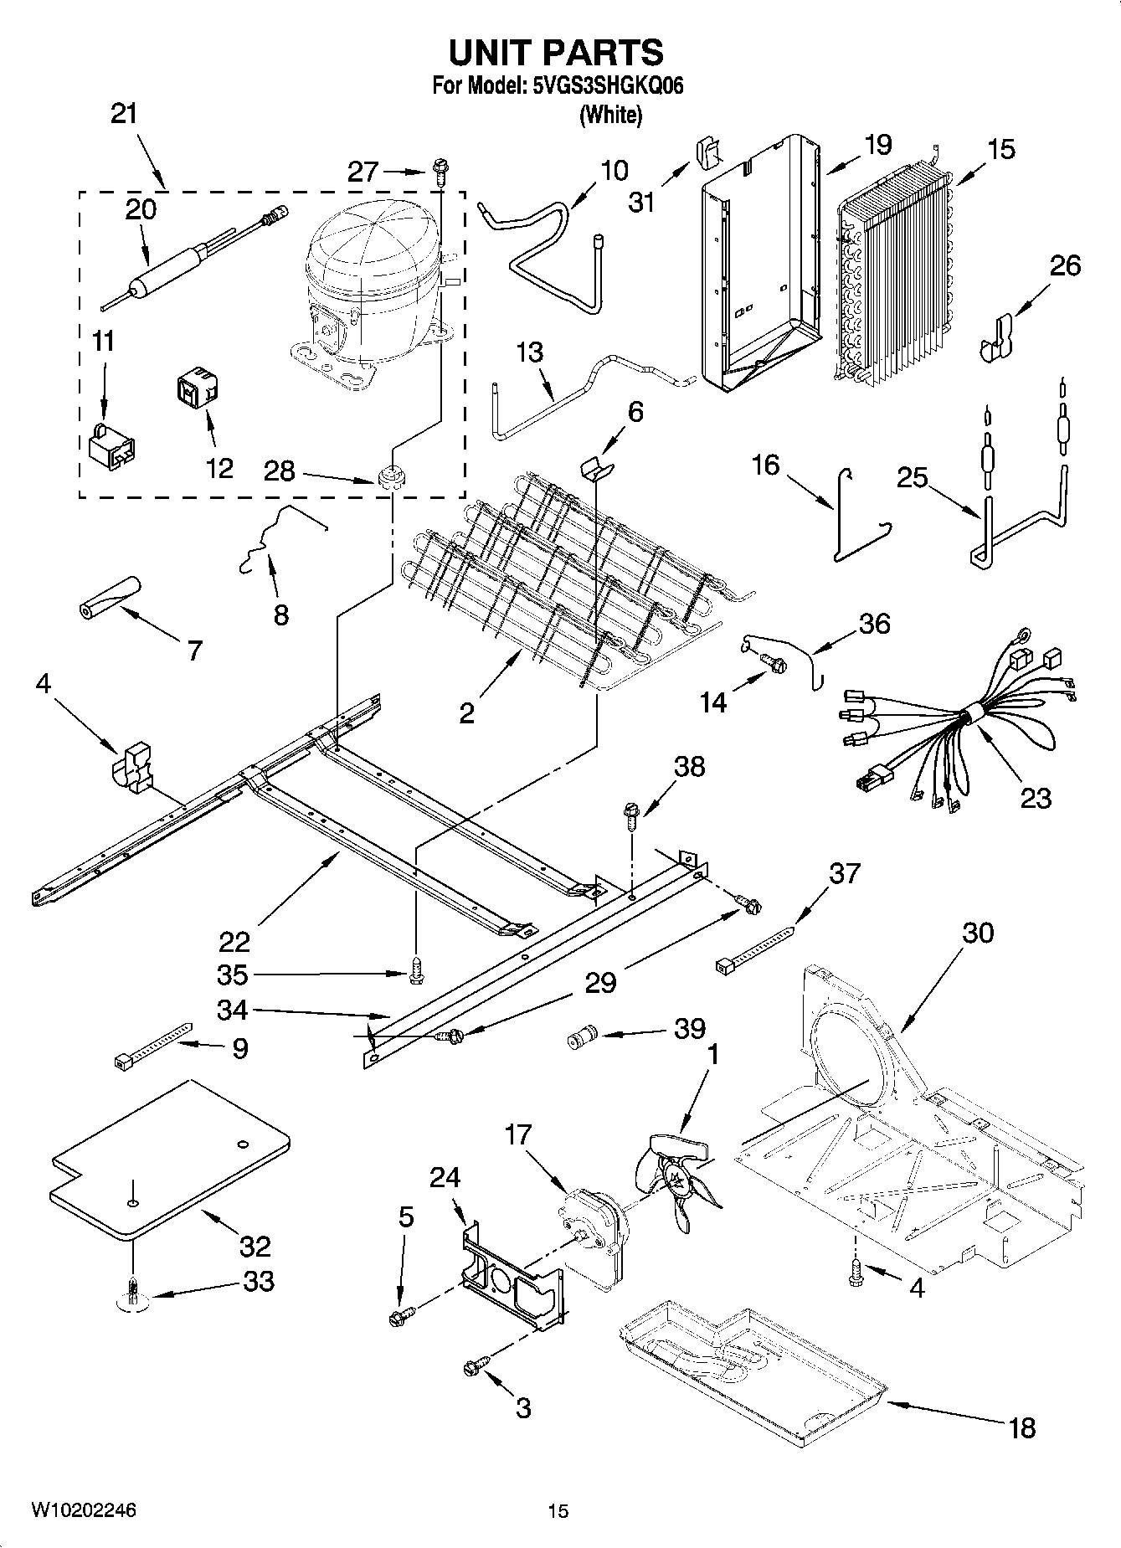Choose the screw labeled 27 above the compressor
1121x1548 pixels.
pos(440,172)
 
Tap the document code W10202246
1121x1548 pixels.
pos(84,1510)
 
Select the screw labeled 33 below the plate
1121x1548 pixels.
pos(132,1297)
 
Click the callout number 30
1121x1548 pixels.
pos(977,932)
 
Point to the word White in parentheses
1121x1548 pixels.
pos(611,115)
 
